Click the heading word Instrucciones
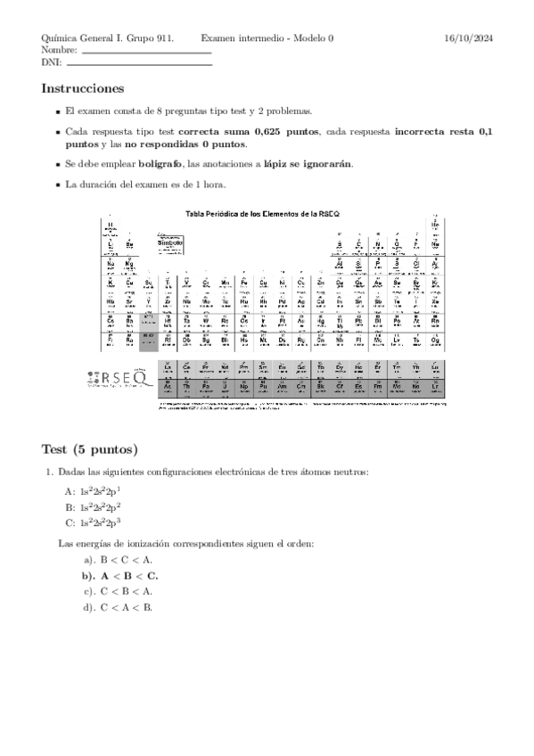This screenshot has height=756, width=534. coord(82,88)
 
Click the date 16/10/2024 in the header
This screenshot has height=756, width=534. coord(468,38)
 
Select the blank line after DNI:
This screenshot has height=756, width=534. coord(139,65)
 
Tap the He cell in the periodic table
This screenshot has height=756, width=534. coord(434,226)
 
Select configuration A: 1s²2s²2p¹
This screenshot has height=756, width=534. coord(93,491)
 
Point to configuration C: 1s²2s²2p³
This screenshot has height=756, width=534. coord(93,522)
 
